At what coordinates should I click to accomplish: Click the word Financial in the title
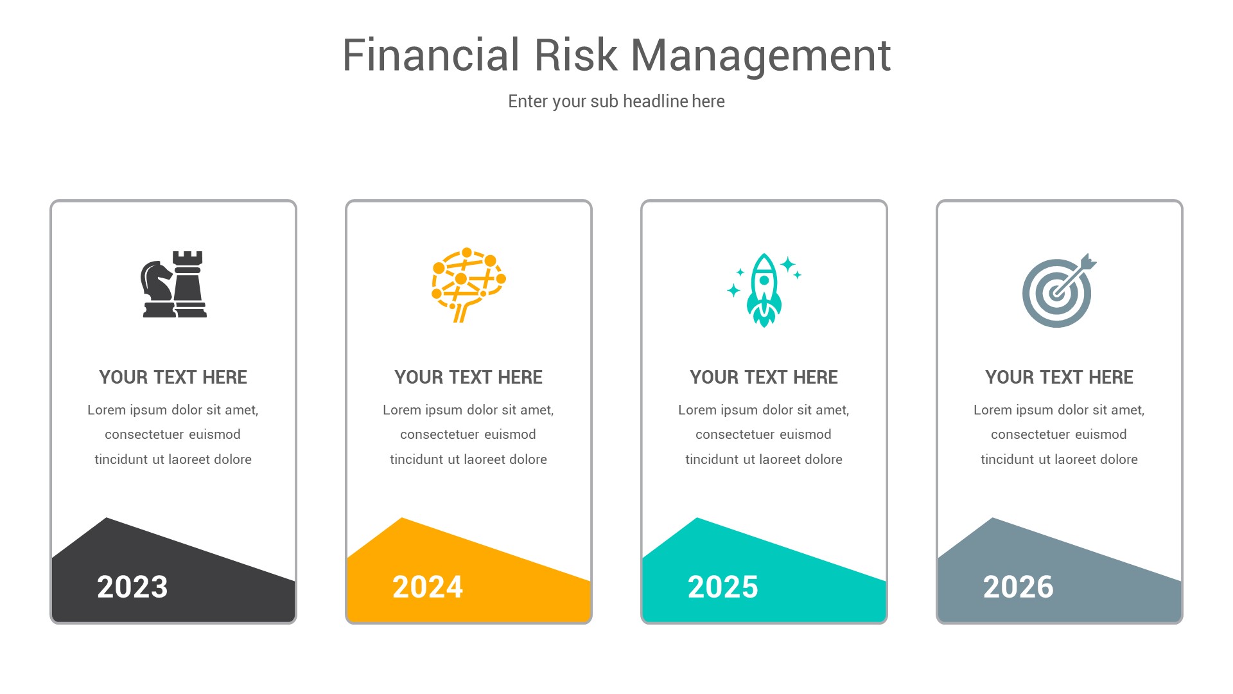coord(430,55)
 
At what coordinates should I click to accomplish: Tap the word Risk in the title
coord(575,55)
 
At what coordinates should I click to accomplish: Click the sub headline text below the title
coord(616,102)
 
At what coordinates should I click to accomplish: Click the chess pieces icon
coord(173,284)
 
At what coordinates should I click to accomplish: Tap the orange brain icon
coord(468,285)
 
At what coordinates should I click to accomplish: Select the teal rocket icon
coord(764,290)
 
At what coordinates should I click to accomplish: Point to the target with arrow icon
coord(1058,290)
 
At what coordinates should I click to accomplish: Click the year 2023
coord(132,587)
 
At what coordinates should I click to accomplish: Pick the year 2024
coord(428,587)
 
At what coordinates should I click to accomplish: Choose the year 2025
coord(723,587)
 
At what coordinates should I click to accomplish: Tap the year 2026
coord(1019,587)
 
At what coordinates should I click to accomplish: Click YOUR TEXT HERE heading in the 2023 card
coord(173,377)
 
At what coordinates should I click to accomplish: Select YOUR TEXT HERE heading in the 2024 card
coord(468,377)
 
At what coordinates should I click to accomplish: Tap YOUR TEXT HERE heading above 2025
coord(764,377)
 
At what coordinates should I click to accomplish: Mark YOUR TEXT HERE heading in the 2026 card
coord(1059,377)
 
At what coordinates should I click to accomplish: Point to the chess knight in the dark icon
coord(156,289)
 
